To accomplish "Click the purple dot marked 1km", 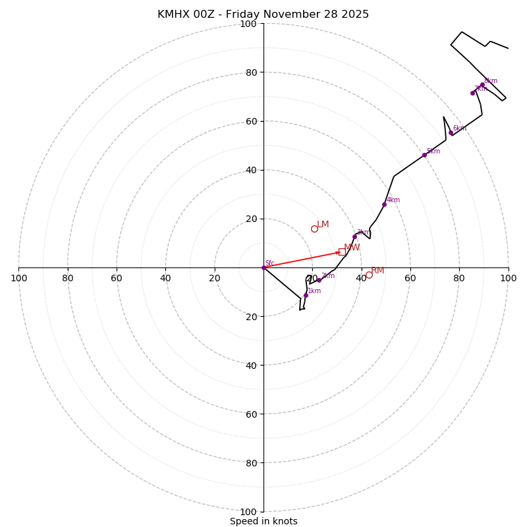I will coord(306,295).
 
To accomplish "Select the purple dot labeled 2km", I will coord(319,280).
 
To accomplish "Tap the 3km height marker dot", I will coord(354,236).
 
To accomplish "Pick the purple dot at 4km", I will coord(384,204).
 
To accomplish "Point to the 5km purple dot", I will coord(424,155).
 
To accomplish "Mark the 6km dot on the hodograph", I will coord(451,133).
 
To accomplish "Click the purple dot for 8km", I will coord(482,85).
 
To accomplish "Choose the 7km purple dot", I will coord(472,93).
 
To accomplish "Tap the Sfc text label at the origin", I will coord(269,263).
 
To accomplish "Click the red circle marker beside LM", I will coord(314,229).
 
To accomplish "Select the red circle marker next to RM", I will coord(369,275).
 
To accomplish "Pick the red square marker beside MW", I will coord(342,252).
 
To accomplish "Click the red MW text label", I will coord(352,248).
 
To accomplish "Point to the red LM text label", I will coord(323,225).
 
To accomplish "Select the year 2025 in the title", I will coord(355,14).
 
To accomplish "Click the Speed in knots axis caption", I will coord(263,521).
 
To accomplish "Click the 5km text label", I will coord(433,152).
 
